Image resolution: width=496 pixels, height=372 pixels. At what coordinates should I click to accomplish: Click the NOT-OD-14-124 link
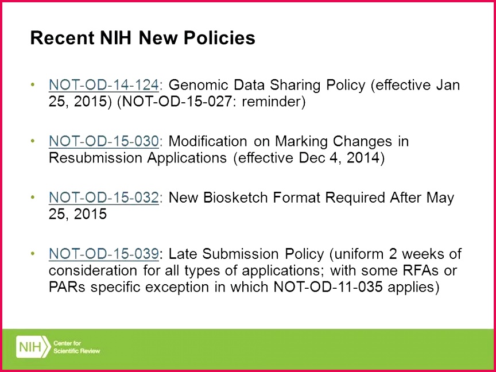pyautogui.click(x=103, y=85)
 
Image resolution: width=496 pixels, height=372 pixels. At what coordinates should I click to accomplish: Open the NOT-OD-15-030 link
pyautogui.click(x=103, y=141)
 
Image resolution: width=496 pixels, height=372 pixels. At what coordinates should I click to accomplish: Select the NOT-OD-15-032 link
pyautogui.click(x=103, y=197)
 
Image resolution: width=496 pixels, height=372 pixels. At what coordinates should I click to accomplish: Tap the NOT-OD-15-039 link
pyautogui.click(x=103, y=254)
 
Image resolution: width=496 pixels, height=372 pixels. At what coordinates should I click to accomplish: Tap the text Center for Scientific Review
pyautogui.click(x=76, y=347)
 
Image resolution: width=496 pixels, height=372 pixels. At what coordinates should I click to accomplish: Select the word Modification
pyautogui.click(x=208, y=141)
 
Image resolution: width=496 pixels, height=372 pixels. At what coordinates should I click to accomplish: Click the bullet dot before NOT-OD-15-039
pyautogui.click(x=32, y=254)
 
